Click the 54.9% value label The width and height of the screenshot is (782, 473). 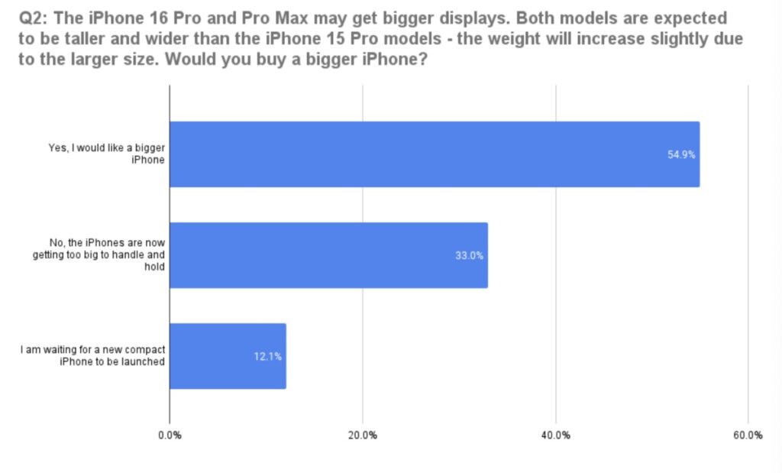coord(681,154)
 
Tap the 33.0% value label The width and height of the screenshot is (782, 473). coord(469,255)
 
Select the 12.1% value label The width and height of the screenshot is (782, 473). coord(267,356)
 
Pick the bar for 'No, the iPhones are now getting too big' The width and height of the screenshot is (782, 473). coord(328,255)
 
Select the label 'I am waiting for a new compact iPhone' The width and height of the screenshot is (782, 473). coord(92,356)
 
